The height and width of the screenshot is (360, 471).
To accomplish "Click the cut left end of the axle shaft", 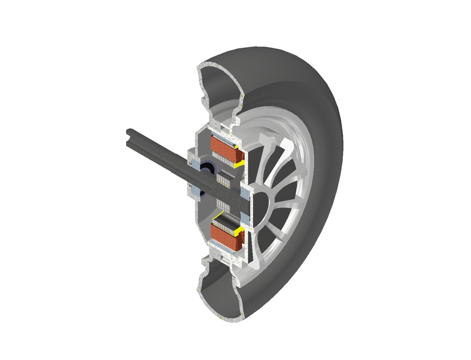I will click(128, 136).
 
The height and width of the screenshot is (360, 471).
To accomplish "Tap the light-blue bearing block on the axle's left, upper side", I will click(194, 163).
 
